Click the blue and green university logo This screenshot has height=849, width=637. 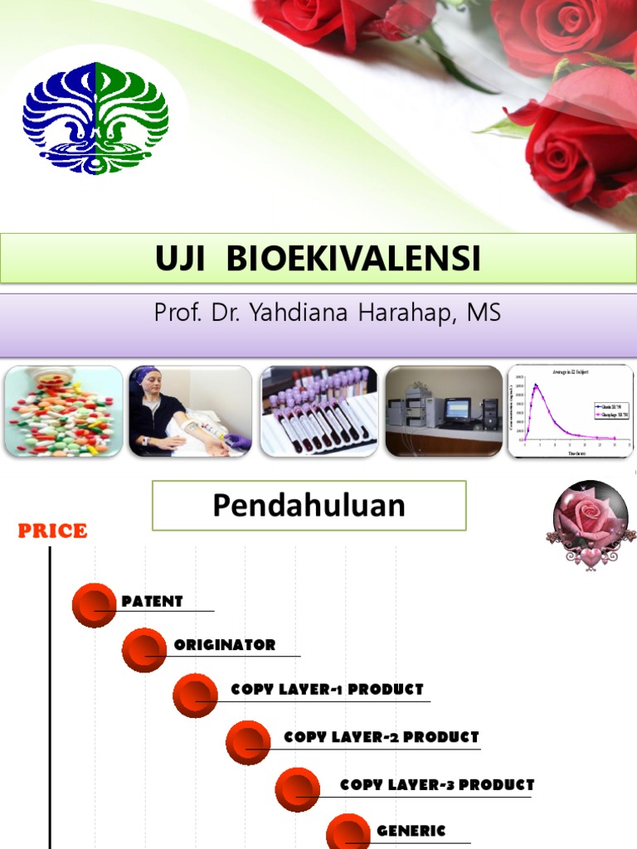click(95, 118)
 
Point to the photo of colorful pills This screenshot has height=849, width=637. click(64, 411)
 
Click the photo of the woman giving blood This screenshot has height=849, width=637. click(190, 411)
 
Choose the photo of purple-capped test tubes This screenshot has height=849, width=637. click(318, 411)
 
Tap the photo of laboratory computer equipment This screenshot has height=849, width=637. click(444, 411)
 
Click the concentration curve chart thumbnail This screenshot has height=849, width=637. click(570, 411)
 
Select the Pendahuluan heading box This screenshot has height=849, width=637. click(309, 506)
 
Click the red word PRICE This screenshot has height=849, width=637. click(53, 531)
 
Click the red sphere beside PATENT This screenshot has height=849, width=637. click(94, 605)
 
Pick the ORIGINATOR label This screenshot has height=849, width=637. click(225, 645)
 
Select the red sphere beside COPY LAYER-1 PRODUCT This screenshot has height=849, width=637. click(195, 695)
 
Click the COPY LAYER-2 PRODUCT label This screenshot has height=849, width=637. click(382, 737)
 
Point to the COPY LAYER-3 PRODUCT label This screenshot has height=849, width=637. click(437, 785)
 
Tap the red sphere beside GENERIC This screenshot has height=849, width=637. click(348, 835)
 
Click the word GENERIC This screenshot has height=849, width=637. click(411, 831)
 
